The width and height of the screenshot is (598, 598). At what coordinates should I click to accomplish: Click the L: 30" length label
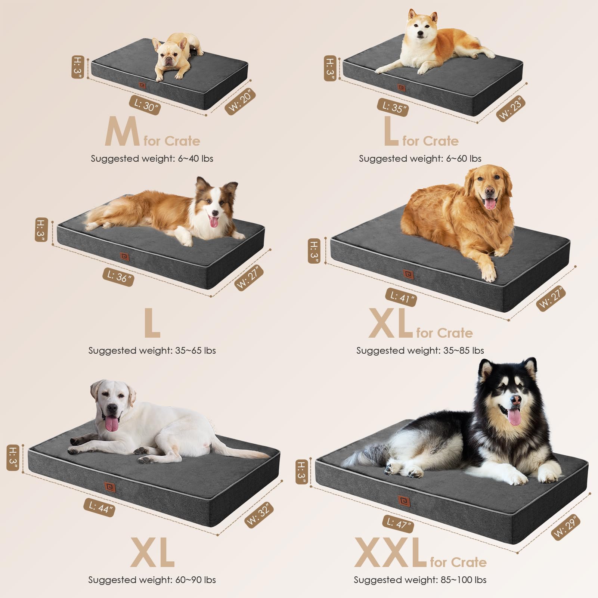point(145,105)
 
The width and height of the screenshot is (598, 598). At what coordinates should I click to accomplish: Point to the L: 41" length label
point(401,297)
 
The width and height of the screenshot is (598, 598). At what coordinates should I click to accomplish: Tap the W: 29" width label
point(566,527)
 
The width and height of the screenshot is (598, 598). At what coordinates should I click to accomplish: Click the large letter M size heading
point(122,131)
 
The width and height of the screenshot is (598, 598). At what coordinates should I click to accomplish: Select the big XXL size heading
point(390,553)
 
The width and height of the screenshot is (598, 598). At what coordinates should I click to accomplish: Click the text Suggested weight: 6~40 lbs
point(152,158)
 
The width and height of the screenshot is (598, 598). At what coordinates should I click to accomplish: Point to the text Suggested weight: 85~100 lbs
point(420,580)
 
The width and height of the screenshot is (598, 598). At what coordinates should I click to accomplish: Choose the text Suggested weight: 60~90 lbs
point(152,580)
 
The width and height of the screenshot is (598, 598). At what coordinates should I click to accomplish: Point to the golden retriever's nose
point(489,192)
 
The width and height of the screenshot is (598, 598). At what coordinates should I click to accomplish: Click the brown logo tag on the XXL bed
point(404,501)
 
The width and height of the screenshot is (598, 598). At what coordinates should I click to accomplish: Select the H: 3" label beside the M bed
point(77,67)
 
